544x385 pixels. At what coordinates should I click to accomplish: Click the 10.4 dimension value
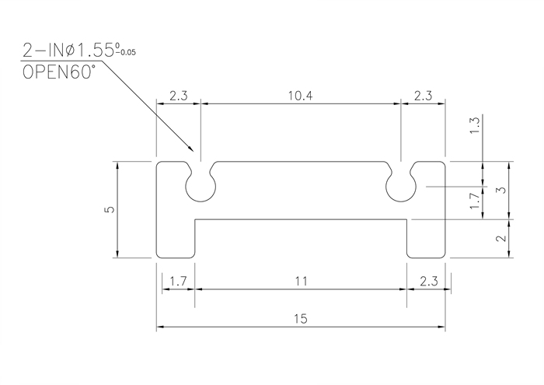301,96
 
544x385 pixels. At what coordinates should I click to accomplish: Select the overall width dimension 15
301,318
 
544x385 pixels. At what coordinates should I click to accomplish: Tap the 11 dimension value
302,281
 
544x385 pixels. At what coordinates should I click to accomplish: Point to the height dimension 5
110,209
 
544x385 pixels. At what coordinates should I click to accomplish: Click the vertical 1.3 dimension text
475,126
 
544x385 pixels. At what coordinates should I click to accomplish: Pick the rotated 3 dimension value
501,191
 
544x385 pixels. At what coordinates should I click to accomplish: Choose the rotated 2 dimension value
501,238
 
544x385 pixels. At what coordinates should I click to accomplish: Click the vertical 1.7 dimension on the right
475,201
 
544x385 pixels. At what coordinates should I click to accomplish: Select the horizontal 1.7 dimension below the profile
178,281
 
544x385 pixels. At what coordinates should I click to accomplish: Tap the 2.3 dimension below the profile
429,281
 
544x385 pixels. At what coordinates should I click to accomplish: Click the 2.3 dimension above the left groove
178,96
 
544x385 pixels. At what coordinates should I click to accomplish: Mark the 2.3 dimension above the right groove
423,96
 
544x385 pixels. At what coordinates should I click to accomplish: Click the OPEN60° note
58,72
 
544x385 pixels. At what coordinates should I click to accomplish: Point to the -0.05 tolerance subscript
126,53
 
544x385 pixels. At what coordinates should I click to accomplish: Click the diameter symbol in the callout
70,51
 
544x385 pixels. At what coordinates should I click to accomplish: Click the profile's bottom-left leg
175,239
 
